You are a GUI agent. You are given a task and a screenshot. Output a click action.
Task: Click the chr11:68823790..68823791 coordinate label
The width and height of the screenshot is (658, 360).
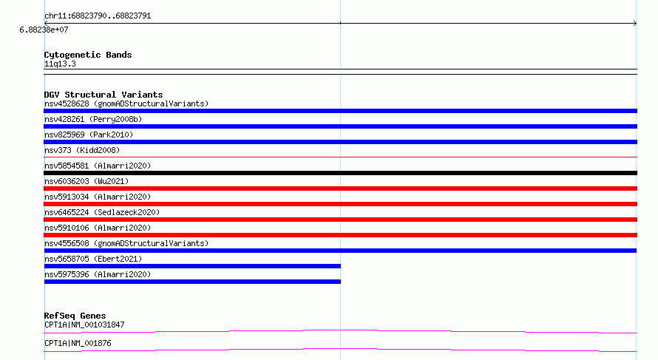[x=98, y=16]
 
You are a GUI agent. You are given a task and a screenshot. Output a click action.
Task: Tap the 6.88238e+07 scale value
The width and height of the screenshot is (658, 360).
[x=44, y=30]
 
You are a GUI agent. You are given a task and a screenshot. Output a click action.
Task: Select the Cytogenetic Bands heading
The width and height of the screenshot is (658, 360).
[x=88, y=55]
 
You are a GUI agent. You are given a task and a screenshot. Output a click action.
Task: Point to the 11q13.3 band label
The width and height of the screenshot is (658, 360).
[x=60, y=64]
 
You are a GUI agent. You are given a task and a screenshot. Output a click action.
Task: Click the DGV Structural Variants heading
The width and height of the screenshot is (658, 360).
[x=104, y=95]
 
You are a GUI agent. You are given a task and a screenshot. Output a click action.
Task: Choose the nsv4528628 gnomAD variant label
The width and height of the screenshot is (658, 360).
[x=126, y=103]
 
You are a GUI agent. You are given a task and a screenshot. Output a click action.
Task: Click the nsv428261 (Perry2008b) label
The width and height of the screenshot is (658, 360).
[x=93, y=119]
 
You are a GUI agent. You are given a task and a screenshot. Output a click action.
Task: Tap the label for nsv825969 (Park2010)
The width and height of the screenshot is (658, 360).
[x=89, y=135]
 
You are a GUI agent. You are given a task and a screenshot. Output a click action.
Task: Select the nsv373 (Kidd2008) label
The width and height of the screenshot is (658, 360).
[x=82, y=150]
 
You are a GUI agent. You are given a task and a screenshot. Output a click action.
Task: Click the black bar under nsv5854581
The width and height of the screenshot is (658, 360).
[x=340, y=173]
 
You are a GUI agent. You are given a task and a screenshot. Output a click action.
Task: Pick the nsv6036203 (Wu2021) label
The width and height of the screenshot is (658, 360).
[x=87, y=181]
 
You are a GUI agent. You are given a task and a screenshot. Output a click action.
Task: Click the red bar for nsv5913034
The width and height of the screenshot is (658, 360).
[x=340, y=204]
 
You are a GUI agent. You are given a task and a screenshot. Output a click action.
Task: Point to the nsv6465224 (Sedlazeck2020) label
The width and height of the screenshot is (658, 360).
[x=102, y=212]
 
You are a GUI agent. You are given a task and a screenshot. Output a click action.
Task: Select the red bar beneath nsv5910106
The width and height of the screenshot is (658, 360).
[x=340, y=235]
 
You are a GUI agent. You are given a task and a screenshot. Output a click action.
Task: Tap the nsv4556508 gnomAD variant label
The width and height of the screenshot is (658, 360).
[x=126, y=243]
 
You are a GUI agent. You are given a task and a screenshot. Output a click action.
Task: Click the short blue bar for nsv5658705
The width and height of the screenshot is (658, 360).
[x=192, y=266]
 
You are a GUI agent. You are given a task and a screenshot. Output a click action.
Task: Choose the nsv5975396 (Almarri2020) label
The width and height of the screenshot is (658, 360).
[x=98, y=274]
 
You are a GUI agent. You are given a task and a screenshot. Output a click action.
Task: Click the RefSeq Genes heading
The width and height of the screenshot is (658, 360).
[x=75, y=316]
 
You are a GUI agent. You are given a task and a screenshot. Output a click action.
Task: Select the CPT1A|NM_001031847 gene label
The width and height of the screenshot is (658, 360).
[x=84, y=325]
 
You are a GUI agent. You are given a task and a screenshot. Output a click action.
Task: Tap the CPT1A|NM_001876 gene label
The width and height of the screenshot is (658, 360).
[x=78, y=343]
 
